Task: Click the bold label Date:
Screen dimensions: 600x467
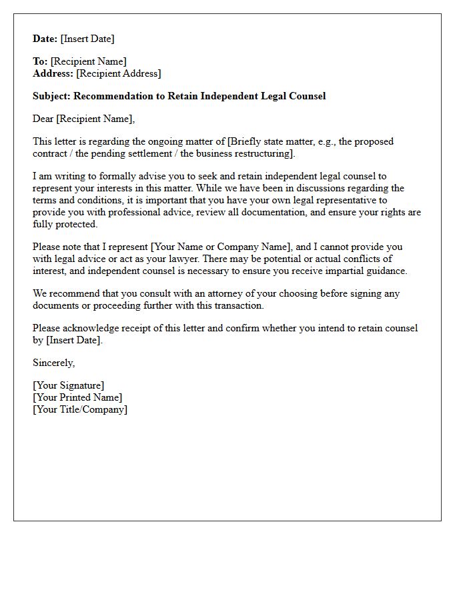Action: [45, 39]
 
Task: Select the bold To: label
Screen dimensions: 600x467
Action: [40, 61]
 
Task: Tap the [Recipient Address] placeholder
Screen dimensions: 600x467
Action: [118, 73]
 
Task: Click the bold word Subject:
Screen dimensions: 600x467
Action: [52, 96]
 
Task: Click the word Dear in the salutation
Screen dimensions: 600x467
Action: [43, 119]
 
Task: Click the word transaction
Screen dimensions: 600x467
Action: [236, 305]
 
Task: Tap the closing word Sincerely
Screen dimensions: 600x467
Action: [53, 363]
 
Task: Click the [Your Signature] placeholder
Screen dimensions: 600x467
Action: [68, 385]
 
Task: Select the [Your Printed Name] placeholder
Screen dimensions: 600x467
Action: [77, 397]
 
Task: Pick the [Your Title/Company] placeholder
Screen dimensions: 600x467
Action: [80, 409]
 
